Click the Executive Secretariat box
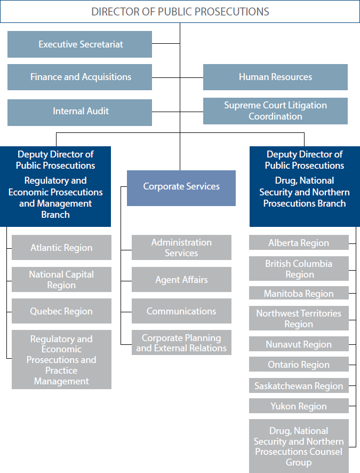coord(80,44)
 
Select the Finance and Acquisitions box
coord(80,77)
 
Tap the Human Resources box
coord(275,77)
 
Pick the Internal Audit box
coord(80,111)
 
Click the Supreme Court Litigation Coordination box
coord(275,111)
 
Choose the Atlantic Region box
coord(61,248)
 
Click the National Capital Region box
coord(61,280)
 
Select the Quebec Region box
coord(61,311)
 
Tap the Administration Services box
coord(181,248)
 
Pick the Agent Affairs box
coord(181,280)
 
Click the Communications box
coord(181,311)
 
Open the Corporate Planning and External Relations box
coord(181,343)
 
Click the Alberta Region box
coord(299,243)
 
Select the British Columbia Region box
coord(299,269)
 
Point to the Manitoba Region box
coord(299,294)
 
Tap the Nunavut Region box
coord(299,344)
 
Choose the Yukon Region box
coord(299,406)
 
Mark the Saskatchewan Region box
coord(299,386)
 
